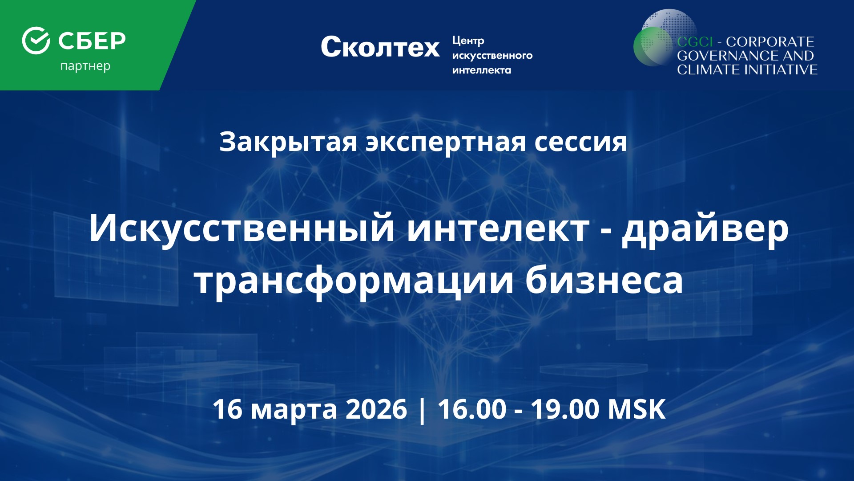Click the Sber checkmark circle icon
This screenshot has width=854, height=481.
click(36, 41)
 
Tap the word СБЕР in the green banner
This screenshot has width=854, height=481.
click(92, 41)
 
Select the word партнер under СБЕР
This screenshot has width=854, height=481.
click(85, 67)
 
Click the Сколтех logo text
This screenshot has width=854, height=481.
click(380, 47)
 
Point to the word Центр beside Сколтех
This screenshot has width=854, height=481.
click(468, 41)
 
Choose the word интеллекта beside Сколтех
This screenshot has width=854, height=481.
click(482, 70)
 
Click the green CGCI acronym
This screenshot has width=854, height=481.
click(695, 42)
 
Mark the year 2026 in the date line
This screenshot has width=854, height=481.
click(376, 409)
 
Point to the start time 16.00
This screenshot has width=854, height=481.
click(472, 409)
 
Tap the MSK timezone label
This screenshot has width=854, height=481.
click(637, 409)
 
